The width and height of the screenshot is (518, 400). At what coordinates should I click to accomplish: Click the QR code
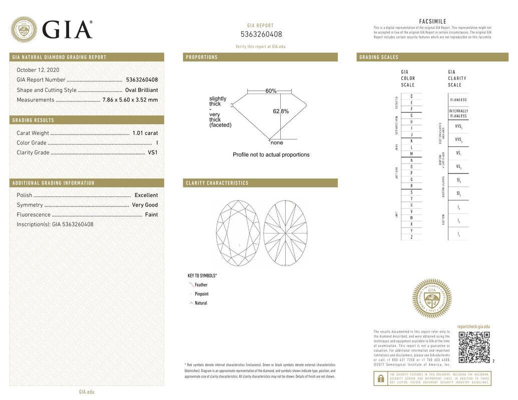pyautogui.click(x=474, y=347)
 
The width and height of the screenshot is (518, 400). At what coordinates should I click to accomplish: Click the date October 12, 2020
pyautogui.click(x=38, y=70)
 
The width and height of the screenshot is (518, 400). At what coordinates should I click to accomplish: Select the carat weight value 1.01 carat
pyautogui.click(x=145, y=133)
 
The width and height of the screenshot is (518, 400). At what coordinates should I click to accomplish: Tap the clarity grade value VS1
pyautogui.click(x=153, y=152)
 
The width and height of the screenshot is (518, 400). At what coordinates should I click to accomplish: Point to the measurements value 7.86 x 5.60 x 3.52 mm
pyautogui.click(x=130, y=100)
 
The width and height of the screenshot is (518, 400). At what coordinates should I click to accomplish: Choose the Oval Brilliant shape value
pyautogui.click(x=142, y=90)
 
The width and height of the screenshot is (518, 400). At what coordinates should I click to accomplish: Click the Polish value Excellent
pyautogui.click(x=146, y=195)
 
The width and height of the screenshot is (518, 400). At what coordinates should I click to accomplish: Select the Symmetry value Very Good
pyautogui.click(x=145, y=205)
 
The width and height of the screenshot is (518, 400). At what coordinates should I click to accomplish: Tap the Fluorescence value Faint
pyautogui.click(x=151, y=214)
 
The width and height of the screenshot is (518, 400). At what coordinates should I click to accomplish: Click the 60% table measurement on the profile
pyautogui.click(x=271, y=91)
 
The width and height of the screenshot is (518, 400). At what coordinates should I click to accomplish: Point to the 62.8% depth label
pyautogui.click(x=281, y=111)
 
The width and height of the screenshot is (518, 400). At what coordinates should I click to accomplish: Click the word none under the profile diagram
pyautogui.click(x=277, y=142)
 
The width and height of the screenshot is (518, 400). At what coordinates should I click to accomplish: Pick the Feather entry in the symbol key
pyautogui.click(x=201, y=285)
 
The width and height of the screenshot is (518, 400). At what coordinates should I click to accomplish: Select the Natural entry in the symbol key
pyautogui.click(x=201, y=303)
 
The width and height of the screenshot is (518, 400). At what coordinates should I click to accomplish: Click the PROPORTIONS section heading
pyautogui.click(x=202, y=57)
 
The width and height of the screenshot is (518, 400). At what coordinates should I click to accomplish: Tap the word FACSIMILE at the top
pyautogui.click(x=432, y=21)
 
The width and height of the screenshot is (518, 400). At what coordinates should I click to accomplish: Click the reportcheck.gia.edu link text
pyautogui.click(x=473, y=326)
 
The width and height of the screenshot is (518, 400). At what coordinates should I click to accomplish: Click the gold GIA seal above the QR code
pyautogui.click(x=431, y=298)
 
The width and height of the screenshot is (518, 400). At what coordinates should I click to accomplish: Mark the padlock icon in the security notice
pyautogui.click(x=381, y=378)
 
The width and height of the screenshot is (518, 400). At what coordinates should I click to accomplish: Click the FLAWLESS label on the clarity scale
pyautogui.click(x=458, y=99)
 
